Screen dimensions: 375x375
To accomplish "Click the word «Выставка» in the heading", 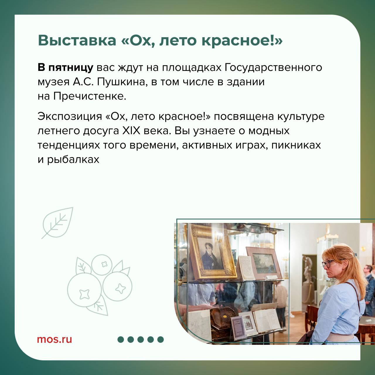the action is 77,41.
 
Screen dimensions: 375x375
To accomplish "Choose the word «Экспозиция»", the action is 70,117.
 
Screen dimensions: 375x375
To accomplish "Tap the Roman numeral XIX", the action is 131,131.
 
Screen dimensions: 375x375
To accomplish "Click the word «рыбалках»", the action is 73,159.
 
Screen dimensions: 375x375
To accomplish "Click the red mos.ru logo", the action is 54,339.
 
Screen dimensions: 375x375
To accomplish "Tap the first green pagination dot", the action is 121,339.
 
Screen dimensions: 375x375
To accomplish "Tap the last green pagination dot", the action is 160,339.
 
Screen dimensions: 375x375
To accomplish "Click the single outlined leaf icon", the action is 57,223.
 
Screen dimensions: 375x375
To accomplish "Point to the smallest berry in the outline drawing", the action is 102,265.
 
